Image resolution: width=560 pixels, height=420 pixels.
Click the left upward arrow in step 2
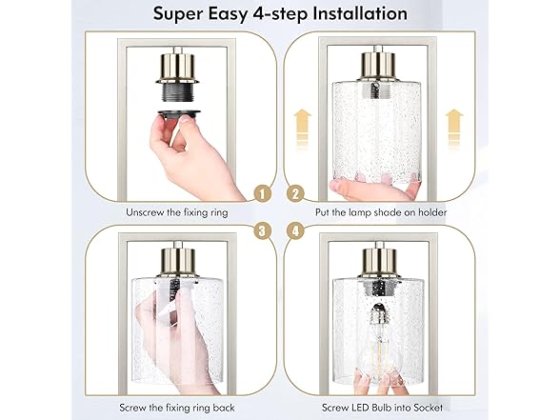pos(302,123)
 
